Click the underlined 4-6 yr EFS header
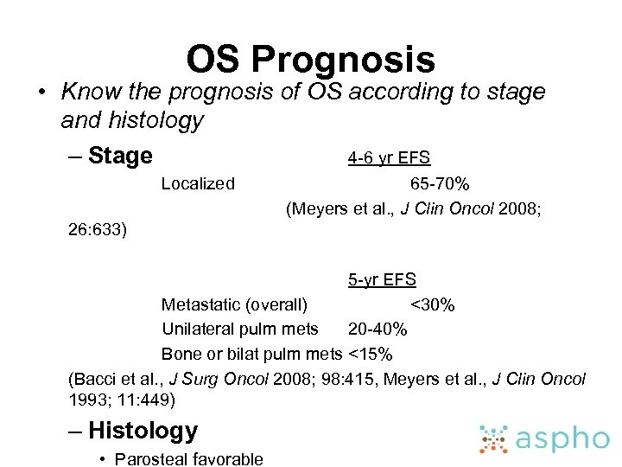tap(389, 157)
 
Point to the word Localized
tap(198, 183)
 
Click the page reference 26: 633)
tap(98, 230)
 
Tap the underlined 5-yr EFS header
tap(382, 279)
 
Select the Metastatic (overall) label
tap(234, 304)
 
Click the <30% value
tap(433, 304)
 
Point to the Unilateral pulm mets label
tap(240, 329)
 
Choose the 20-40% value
tap(378, 329)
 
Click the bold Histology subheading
tap(143, 430)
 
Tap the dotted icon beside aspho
tap(495, 438)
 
